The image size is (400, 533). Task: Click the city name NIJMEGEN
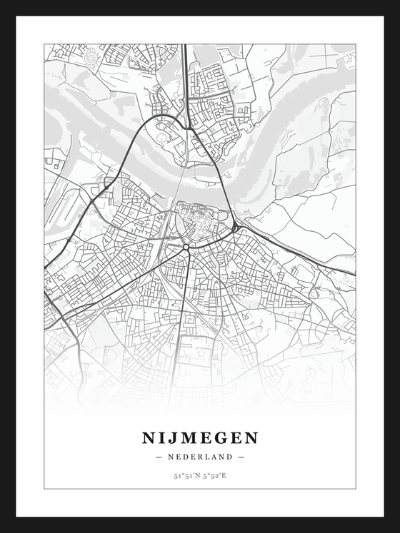[200, 437]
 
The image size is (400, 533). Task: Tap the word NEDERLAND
[200, 457]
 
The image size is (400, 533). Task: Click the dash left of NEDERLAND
[159, 457]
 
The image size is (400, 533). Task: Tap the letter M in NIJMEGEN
[188, 437]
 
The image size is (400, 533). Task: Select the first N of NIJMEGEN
[149, 437]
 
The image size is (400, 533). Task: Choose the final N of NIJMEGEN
[251, 437]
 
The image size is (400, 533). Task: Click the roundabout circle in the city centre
[186, 247]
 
